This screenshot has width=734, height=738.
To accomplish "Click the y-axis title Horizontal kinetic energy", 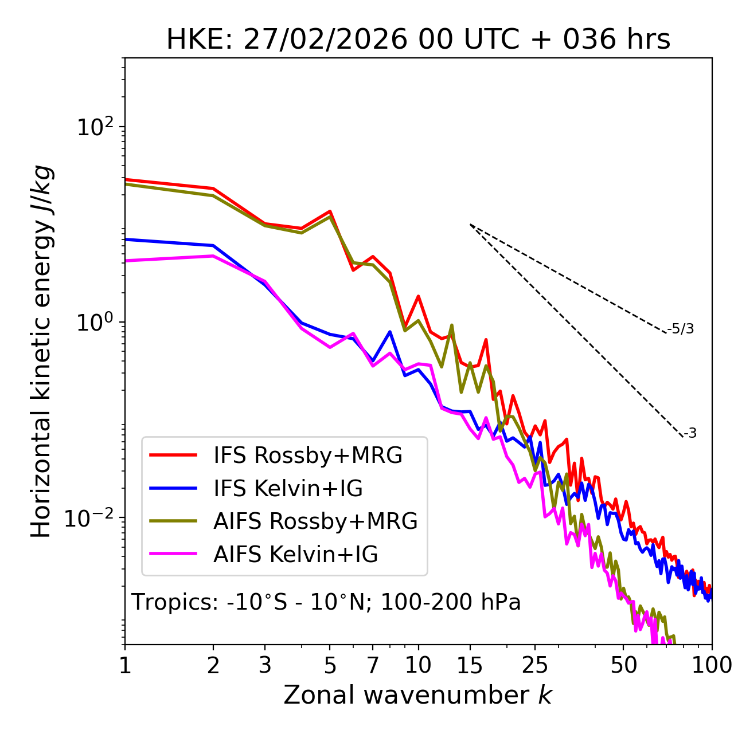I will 41,352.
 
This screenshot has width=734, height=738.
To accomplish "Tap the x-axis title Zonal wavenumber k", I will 418,695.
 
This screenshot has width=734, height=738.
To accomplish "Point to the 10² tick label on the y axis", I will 96,127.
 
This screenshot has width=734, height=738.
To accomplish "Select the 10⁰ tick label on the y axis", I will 96,322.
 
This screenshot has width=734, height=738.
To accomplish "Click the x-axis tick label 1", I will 125,665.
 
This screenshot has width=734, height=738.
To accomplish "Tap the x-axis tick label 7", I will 373,665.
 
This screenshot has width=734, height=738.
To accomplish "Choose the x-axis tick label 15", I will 470,665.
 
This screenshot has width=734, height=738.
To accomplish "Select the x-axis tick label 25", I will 535,665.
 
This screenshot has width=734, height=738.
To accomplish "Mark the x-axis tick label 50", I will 623,665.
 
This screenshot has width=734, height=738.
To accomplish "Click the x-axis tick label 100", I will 712,665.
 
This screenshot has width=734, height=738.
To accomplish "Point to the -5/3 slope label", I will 681,329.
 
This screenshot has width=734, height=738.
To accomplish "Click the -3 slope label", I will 690,434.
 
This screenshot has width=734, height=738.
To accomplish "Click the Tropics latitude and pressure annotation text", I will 326,603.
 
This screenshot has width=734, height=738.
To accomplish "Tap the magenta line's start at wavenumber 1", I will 126,261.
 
